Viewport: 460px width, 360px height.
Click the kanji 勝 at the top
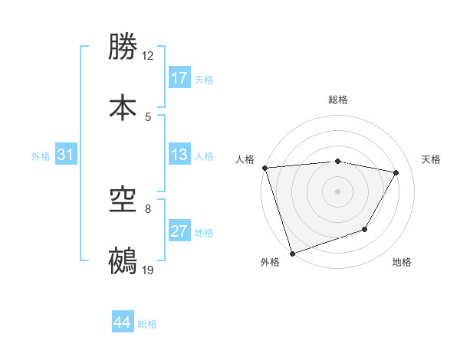[x=123, y=47]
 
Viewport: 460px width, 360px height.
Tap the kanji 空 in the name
[x=123, y=201]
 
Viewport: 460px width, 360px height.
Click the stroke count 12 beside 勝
[x=148, y=56]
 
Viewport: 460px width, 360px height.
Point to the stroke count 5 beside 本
[x=148, y=117]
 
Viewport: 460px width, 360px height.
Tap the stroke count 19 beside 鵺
[x=148, y=270]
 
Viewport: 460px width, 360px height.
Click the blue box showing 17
[x=179, y=78]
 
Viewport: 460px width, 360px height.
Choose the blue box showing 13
[x=179, y=155]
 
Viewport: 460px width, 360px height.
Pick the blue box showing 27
[x=179, y=231]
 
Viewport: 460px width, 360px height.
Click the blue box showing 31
[x=66, y=155]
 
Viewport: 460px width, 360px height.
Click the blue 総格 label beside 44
[x=147, y=324]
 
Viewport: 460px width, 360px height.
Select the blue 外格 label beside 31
[x=41, y=156]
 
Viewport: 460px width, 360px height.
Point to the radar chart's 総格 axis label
[x=337, y=100]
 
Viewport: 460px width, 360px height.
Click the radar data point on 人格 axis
[x=264, y=168]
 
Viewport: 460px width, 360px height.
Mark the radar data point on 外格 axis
[x=292, y=253]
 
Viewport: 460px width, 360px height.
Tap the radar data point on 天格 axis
[x=396, y=172]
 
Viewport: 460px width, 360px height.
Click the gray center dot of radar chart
[x=337, y=191]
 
